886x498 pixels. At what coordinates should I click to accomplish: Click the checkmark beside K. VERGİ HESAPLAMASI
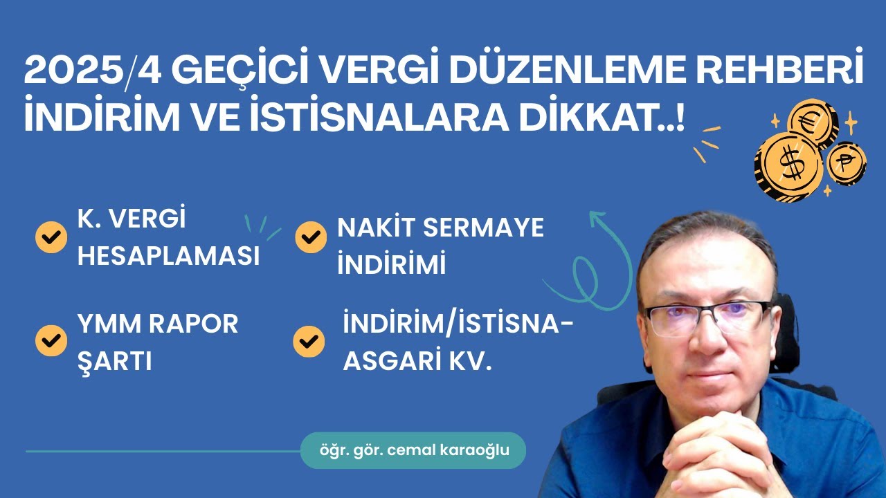tap(51, 237)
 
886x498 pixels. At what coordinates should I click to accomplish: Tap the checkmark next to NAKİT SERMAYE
tap(311, 237)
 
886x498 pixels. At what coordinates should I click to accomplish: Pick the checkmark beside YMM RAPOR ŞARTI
tap(51, 340)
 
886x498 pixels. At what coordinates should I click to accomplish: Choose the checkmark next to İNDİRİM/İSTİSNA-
tap(309, 340)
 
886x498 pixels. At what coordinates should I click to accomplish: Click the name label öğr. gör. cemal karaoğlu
tap(413, 450)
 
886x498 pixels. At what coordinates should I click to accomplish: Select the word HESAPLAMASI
tap(168, 257)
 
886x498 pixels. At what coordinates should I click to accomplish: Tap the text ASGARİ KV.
tap(417, 360)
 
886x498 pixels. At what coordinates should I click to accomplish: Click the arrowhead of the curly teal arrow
tap(595, 218)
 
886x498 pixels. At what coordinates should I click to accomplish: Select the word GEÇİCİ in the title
tap(252, 73)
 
